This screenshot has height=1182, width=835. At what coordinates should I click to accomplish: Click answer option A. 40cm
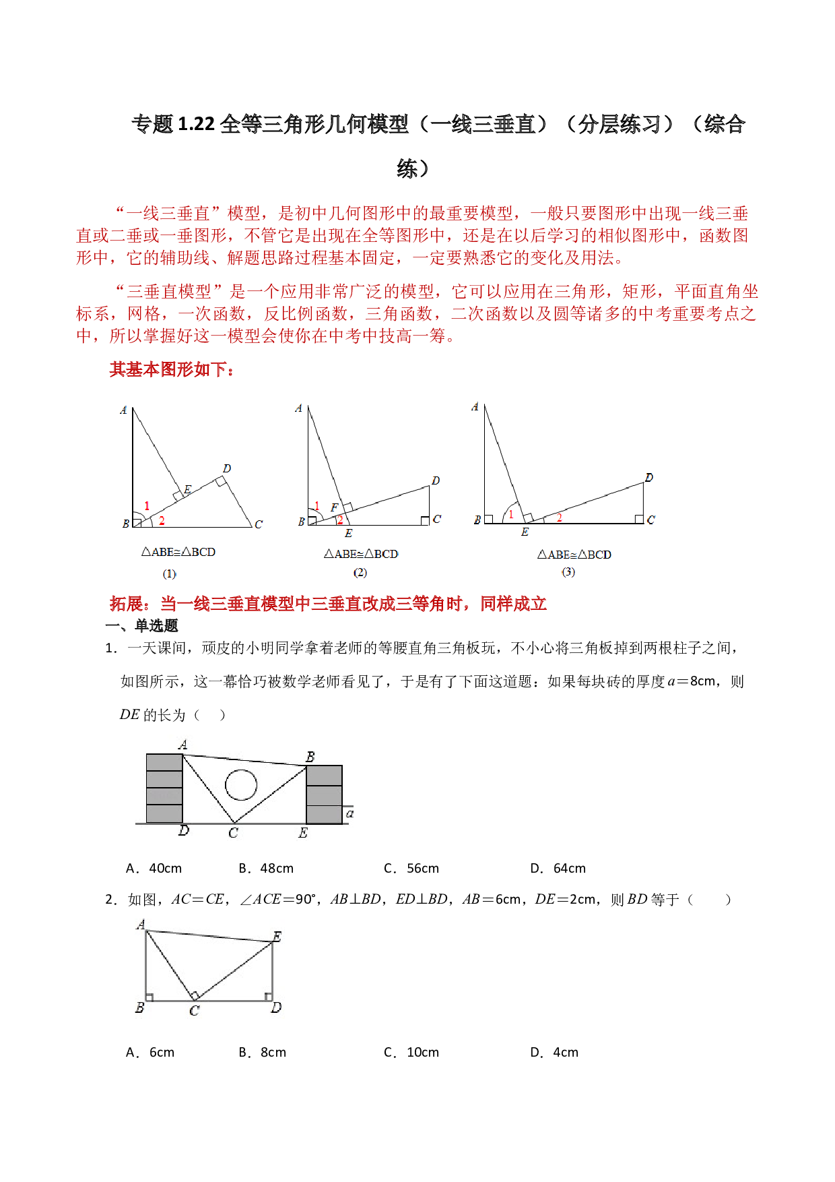[154, 868]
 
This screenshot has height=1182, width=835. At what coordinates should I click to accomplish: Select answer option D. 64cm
[558, 868]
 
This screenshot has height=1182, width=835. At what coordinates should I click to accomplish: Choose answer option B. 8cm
[262, 1052]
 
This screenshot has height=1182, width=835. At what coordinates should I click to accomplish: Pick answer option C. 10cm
[411, 1052]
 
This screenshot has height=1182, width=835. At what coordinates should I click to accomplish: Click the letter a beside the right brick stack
[349, 814]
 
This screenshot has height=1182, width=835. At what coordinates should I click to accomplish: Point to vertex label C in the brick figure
[233, 833]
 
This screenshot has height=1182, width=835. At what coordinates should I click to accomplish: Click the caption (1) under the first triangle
[169, 574]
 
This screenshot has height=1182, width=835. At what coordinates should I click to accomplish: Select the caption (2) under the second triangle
[360, 572]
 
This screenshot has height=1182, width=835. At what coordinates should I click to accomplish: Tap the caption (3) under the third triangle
[568, 571]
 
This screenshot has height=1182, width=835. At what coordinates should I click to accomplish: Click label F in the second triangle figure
[334, 507]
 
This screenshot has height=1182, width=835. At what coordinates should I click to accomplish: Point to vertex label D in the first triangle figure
[227, 468]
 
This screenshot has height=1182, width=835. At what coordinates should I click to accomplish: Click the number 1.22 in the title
[196, 124]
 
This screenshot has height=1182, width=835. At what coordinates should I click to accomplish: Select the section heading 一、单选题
[141, 625]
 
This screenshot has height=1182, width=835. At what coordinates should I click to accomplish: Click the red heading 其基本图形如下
[172, 369]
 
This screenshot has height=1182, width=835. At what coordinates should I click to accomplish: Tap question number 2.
[111, 900]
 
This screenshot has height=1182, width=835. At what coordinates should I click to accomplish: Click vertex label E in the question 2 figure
[277, 936]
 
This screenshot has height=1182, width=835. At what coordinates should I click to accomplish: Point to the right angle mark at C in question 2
[195, 995]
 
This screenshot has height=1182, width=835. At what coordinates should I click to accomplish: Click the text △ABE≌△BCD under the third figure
[574, 555]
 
